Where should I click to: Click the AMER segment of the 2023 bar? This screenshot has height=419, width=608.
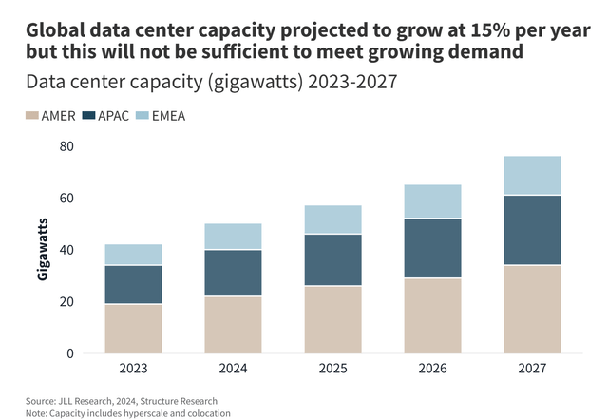click(133, 329)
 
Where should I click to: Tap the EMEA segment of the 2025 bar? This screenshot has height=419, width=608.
click(332, 219)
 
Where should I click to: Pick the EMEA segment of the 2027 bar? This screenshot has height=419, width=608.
click(532, 176)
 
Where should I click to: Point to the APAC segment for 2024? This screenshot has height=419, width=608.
click(233, 274)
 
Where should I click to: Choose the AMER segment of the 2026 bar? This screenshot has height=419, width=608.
click(432, 315)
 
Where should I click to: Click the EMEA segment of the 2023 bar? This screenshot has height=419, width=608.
click(133, 255)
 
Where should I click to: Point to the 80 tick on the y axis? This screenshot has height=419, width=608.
click(66, 146)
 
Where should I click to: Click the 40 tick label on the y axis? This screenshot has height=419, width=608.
click(66, 250)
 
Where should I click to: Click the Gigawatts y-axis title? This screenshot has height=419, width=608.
click(43, 250)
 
